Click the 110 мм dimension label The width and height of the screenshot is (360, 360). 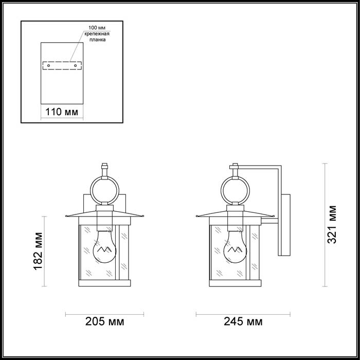[62, 112]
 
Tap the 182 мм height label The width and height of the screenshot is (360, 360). [38, 251]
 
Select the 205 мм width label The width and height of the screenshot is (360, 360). [105, 321]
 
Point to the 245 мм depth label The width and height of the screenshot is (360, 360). [243, 321]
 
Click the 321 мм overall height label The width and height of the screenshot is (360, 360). [332, 225]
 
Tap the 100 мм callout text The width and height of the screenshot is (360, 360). [97, 28]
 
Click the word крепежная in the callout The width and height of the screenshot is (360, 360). [97, 34]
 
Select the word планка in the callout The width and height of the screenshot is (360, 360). [98, 40]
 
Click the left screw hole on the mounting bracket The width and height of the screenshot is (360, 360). [48, 66]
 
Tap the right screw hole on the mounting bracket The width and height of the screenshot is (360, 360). [75, 66]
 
